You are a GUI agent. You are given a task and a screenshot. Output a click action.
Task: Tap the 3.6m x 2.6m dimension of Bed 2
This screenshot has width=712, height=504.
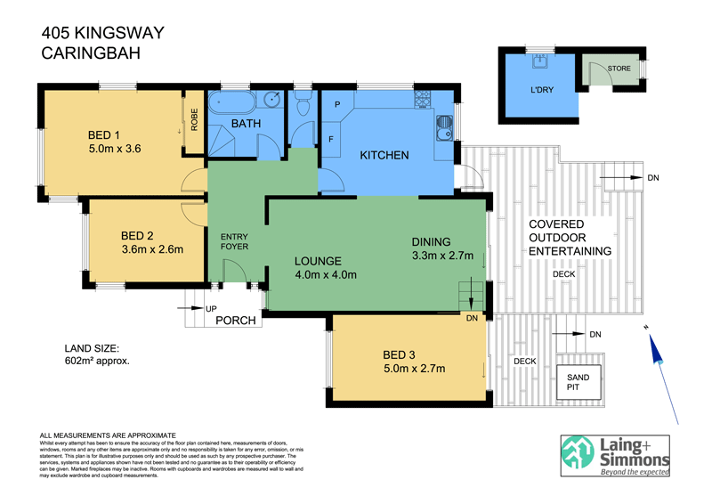[152, 250]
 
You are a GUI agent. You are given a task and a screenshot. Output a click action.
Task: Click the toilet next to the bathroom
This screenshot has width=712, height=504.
[303, 106]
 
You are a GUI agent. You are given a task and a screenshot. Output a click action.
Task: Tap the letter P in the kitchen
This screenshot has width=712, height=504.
[337, 104]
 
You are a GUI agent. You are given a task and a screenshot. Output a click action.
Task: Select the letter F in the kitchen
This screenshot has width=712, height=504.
[331, 140]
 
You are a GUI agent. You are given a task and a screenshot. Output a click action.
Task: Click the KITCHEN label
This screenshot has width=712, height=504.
[384, 156]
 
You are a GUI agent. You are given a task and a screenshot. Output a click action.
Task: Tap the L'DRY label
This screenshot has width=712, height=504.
[542, 90]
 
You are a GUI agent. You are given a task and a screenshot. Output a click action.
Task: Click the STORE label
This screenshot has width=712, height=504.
[619, 69]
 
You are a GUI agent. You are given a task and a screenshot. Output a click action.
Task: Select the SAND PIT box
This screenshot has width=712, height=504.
[578, 383]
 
